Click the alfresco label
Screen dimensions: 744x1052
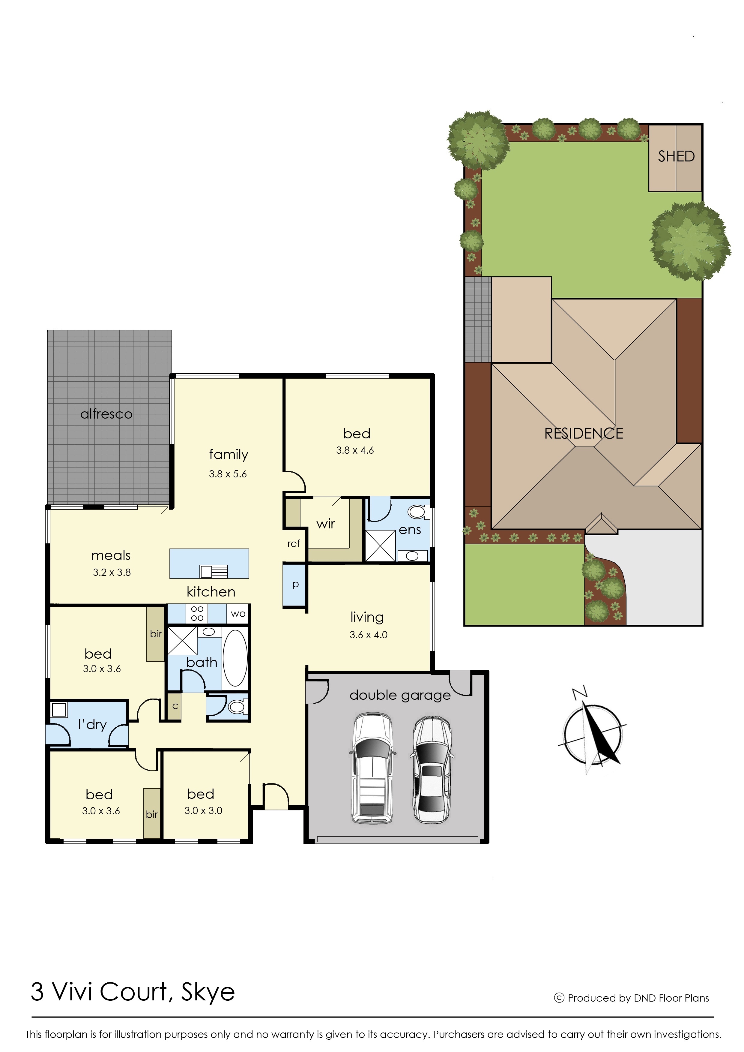(106, 414)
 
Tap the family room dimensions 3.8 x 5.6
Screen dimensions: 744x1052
(228, 474)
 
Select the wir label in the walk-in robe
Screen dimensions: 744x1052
(326, 524)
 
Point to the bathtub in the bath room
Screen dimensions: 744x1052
(235, 657)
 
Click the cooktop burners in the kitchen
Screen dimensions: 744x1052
(197, 613)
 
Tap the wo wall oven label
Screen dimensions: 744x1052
(238, 614)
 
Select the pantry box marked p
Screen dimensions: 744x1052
(295, 585)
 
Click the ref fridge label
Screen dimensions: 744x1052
(294, 544)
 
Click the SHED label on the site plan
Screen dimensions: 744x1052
(676, 156)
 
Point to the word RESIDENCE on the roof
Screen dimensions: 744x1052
(584, 433)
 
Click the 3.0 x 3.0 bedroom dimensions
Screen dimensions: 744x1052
(203, 810)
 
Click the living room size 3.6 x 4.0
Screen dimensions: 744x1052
(368, 635)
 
